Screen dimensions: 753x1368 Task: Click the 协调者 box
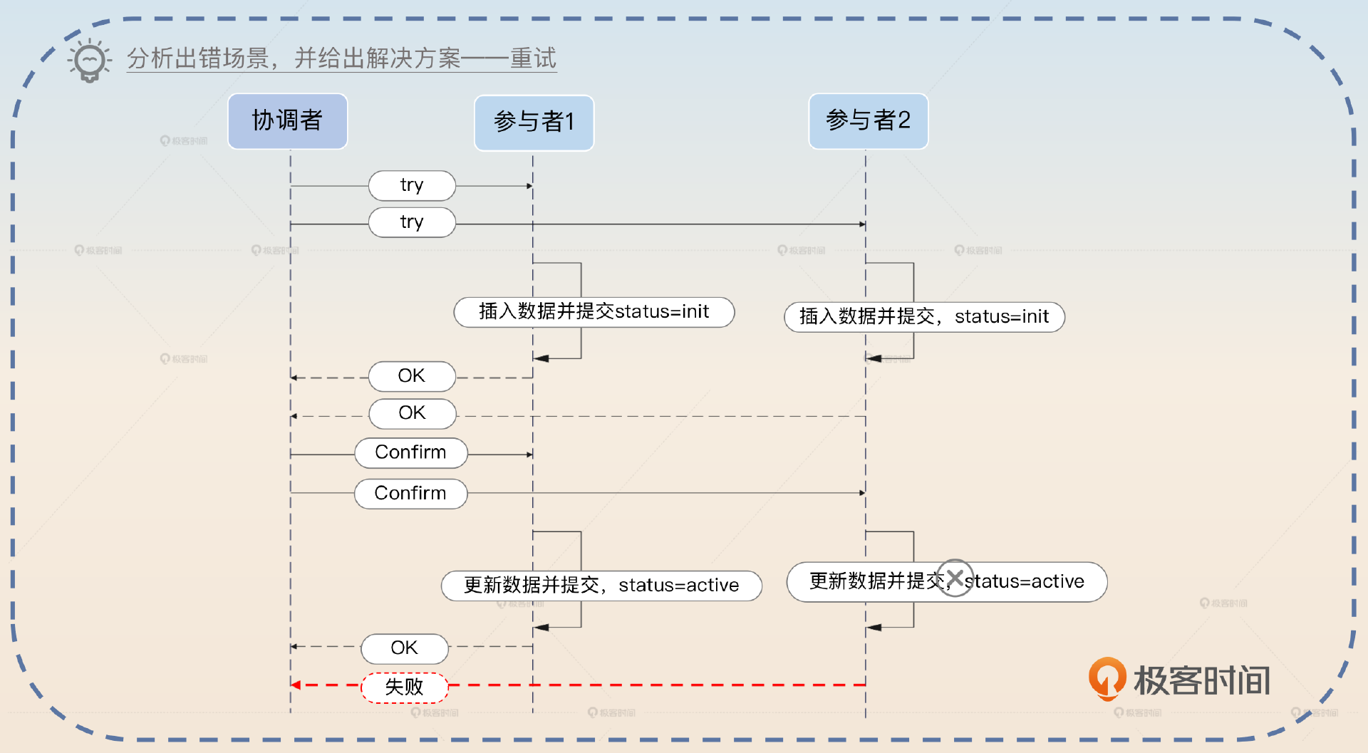pos(287,120)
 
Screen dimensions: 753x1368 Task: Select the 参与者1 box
pos(534,122)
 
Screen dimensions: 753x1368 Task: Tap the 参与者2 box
pos(868,120)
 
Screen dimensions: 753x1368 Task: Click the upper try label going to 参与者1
pos(412,185)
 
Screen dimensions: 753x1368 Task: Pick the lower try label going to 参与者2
pos(412,222)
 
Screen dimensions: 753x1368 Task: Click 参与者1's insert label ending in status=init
pos(594,312)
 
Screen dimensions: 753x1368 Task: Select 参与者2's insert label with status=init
pos(924,317)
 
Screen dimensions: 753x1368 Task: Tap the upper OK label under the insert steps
pos(412,376)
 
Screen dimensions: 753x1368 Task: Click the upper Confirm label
pos(411,452)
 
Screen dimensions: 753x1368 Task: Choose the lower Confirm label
pos(411,493)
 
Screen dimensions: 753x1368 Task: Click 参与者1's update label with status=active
pos(601,586)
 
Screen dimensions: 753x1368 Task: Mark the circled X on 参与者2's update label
pos(955,578)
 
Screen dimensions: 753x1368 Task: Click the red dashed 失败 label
pos(404,687)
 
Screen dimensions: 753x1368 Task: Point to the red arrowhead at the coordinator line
pos(296,685)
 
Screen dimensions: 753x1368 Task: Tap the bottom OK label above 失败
pos(404,648)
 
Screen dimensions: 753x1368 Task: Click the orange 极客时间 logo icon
pos(1107,677)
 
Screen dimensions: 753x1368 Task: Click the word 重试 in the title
pos(533,58)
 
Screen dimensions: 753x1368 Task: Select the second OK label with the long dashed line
pos(412,413)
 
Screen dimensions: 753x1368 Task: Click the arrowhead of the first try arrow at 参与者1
pos(529,186)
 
